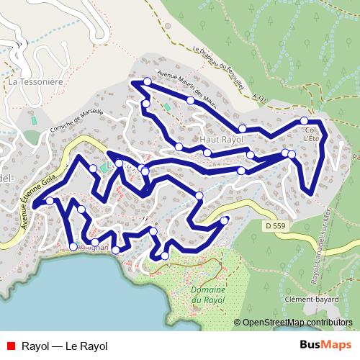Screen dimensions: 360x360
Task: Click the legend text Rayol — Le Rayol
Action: click(65, 346)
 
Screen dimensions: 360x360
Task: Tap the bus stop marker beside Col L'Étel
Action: click(305, 120)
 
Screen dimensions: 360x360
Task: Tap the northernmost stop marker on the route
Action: click(148, 81)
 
